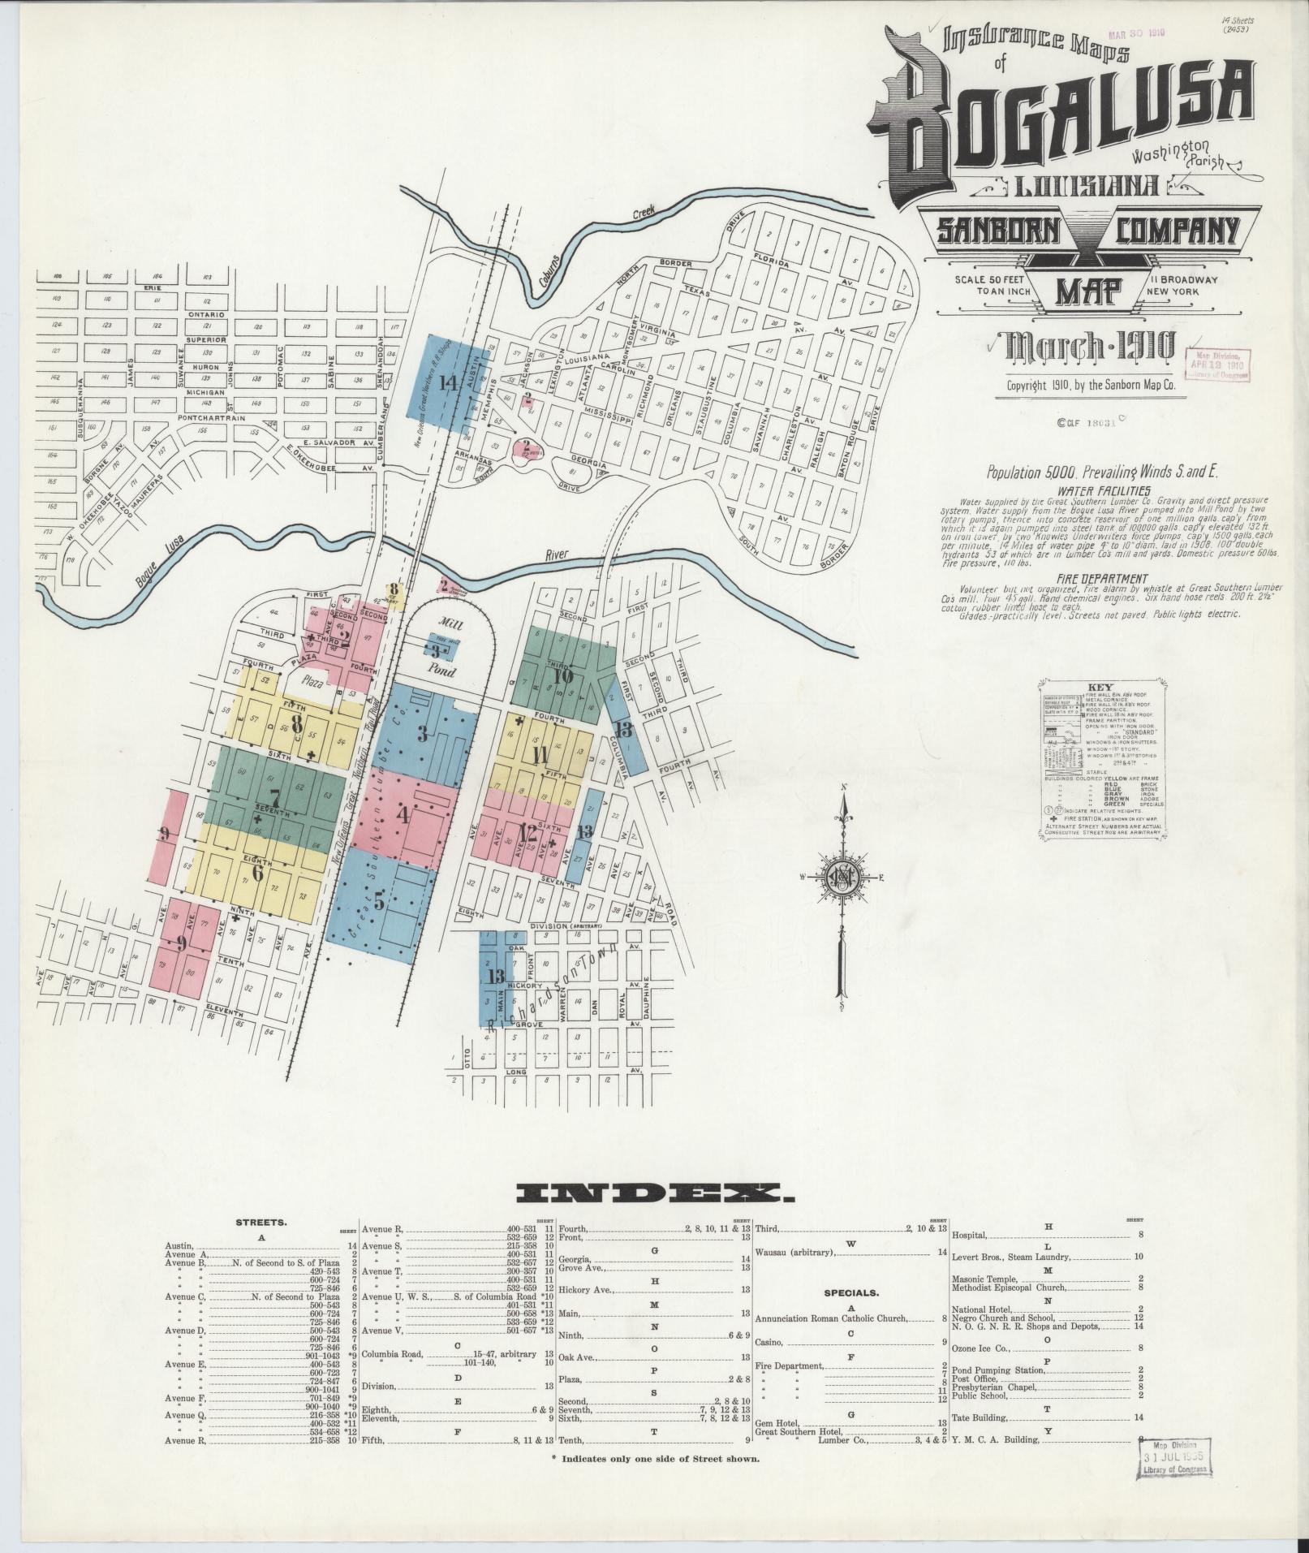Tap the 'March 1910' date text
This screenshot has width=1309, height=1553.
tap(1090, 347)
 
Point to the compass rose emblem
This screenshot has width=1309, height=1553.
tap(845, 878)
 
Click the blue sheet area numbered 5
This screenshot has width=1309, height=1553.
tap(379, 899)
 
